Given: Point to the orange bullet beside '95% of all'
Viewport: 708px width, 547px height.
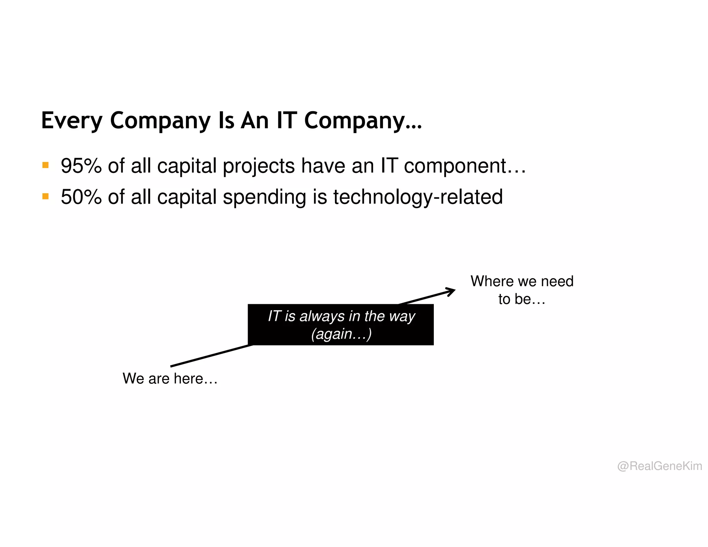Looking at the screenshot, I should pos(45,165).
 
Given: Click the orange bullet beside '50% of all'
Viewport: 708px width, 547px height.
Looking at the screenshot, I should pos(45,196).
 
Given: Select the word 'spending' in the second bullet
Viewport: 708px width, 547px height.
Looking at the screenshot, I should pos(264,197).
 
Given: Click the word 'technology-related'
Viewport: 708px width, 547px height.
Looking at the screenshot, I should pos(418,197).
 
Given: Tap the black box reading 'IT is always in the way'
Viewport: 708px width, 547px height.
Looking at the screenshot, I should pos(341,324).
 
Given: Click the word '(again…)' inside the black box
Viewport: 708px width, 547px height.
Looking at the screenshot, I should pos(341,334).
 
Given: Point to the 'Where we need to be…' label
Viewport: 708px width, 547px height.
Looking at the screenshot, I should pos(522,290).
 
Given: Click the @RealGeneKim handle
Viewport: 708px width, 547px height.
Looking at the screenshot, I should pos(659,466).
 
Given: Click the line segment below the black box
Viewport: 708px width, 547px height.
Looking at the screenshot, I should pos(211,356).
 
